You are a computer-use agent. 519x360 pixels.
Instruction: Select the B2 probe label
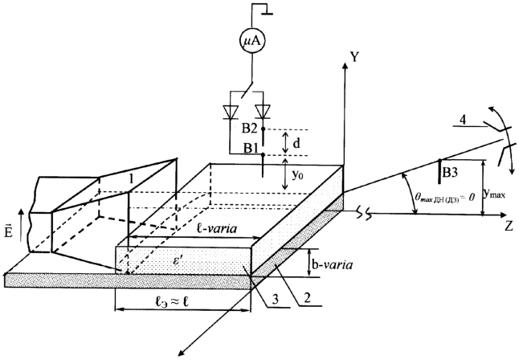(250, 129)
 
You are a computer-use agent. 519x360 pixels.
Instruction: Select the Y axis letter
(353, 57)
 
